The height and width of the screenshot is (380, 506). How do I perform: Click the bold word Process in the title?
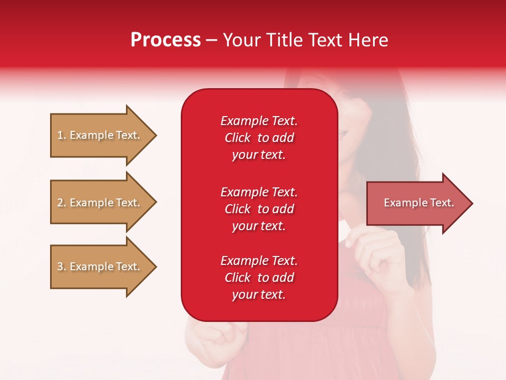pyautogui.click(x=166, y=40)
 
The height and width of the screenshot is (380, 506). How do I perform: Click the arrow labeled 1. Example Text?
pyautogui.click(x=100, y=135)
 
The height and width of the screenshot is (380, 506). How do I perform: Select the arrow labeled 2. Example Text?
pyautogui.click(x=100, y=203)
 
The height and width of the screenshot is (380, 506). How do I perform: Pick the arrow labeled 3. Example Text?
pyautogui.click(x=100, y=267)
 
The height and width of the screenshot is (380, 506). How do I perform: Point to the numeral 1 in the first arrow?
pyautogui.click(x=60, y=135)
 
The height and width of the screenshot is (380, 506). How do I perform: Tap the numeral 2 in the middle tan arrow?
pyautogui.click(x=60, y=203)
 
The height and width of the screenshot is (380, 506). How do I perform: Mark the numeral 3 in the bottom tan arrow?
pyautogui.click(x=60, y=267)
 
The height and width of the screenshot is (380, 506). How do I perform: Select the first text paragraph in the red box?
pyautogui.click(x=259, y=138)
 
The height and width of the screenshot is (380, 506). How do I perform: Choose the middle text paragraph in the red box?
pyautogui.click(x=259, y=209)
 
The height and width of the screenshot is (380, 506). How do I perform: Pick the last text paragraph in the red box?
pyautogui.click(x=259, y=278)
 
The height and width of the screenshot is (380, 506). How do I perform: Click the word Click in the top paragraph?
pyautogui.click(x=237, y=138)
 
